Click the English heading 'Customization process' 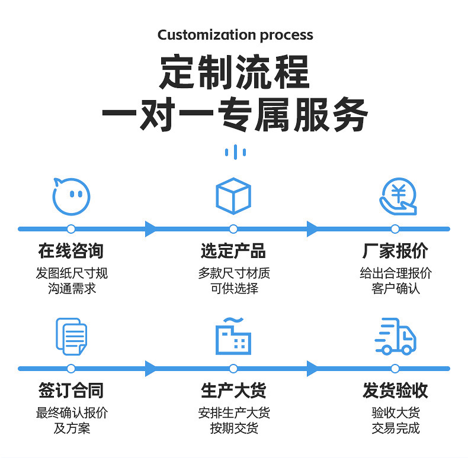tap(235, 35)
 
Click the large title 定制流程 tap(235, 72)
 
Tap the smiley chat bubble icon tap(70, 196)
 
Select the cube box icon tap(233, 196)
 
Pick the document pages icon tap(70, 336)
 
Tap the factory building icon tap(233, 336)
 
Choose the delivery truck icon tap(396, 337)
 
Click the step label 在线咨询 tap(71, 251)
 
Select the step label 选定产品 tap(233, 251)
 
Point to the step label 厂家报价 tap(395, 251)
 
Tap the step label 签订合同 tap(71, 391)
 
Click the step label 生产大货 tap(233, 391)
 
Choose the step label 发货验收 tap(395, 391)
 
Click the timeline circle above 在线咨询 tap(71, 229)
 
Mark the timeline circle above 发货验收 tap(395, 369)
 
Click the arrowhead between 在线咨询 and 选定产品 tap(151, 229)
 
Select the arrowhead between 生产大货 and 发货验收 tap(313, 369)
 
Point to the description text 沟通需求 tap(72, 289)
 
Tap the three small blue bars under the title tap(235, 152)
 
